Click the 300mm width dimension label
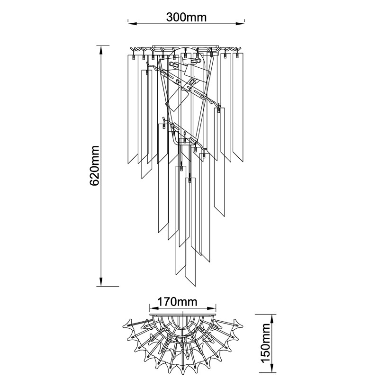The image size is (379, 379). pyautogui.click(x=186, y=17)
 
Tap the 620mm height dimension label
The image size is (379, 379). pyautogui.click(x=94, y=165)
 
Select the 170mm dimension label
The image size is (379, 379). pyautogui.click(x=177, y=302)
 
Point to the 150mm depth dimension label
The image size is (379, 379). pyautogui.click(x=265, y=343)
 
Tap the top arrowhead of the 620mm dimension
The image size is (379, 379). pyautogui.click(x=101, y=50)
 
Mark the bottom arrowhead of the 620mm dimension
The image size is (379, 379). pyautogui.click(x=101, y=281)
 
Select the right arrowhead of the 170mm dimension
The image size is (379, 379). pyautogui.click(x=211, y=308)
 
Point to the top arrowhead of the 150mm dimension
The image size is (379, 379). pyautogui.click(x=272, y=319)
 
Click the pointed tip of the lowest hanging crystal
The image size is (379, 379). pyautogui.click(x=195, y=286)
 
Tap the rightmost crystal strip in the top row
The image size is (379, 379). pyautogui.click(x=238, y=108)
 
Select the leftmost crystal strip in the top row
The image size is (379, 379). pyautogui.click(x=133, y=109)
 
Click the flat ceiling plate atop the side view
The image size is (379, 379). pyautogui.click(x=186, y=46)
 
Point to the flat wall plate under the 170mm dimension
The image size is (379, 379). pyautogui.click(x=183, y=315)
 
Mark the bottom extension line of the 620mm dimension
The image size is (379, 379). pyautogui.click(x=108, y=286)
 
